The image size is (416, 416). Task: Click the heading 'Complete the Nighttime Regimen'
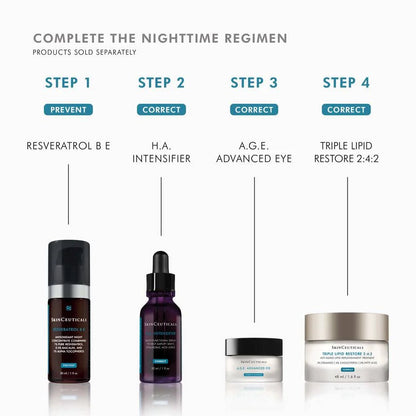click(x=159, y=38)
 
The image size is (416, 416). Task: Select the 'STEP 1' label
click(x=68, y=83)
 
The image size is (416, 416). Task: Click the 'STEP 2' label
click(x=161, y=83)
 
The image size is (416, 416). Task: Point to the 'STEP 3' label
click(x=254, y=83)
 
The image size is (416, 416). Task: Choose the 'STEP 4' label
click(x=346, y=83)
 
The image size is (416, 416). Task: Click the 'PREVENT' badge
click(x=68, y=109)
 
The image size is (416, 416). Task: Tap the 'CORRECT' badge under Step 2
click(x=161, y=109)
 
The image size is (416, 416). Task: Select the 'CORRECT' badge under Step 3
click(x=254, y=109)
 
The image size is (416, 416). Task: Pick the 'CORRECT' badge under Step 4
click(x=346, y=109)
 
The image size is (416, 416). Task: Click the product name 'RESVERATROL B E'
click(x=68, y=146)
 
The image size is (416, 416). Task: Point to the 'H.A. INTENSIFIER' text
click(x=161, y=154)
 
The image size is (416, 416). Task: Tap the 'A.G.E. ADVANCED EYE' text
click(x=254, y=154)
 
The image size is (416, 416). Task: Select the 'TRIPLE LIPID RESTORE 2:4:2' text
click(x=346, y=154)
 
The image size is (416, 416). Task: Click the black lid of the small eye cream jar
click(x=254, y=344)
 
